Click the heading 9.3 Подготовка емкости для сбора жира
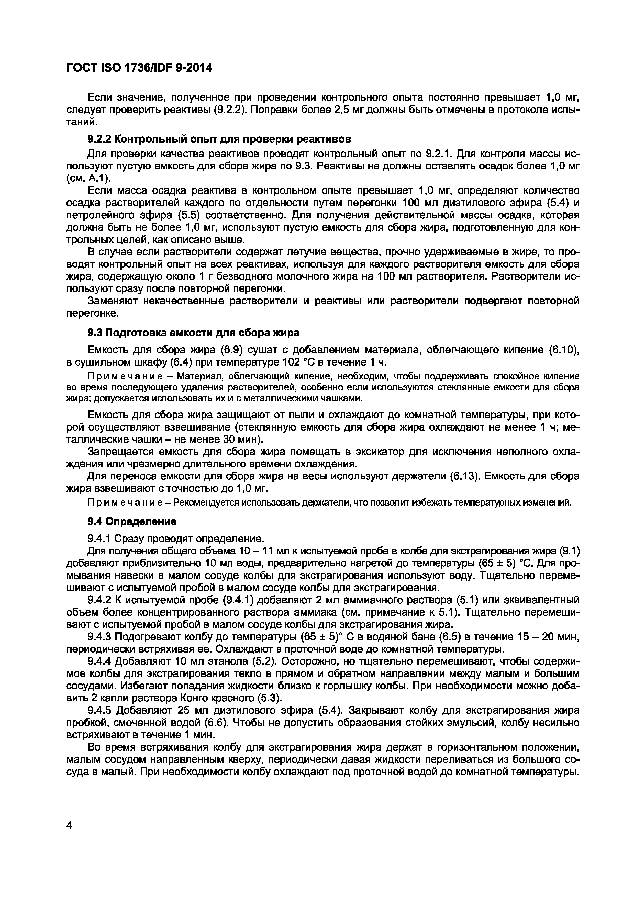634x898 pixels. pos(193,333)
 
